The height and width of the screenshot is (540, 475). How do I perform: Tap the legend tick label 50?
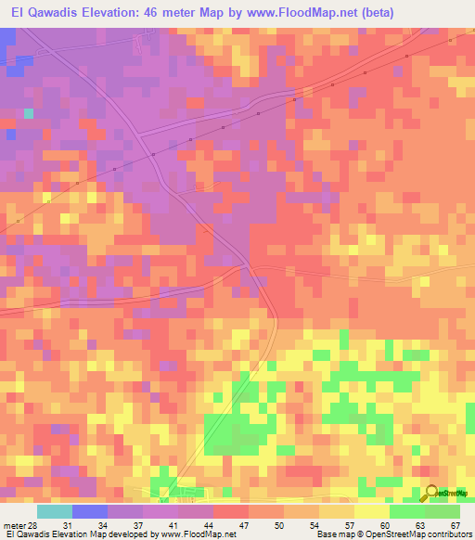[x=278, y=526]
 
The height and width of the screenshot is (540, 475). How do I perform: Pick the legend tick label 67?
[x=456, y=526]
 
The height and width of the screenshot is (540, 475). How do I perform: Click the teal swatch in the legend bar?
[x=55, y=511]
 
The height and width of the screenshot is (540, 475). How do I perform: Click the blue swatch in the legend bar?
[x=90, y=511]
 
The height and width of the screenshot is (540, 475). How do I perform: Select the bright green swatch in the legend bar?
[x=407, y=511]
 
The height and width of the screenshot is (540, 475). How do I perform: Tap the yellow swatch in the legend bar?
[x=372, y=511]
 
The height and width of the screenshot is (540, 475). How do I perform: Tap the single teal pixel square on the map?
[x=29, y=113]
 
